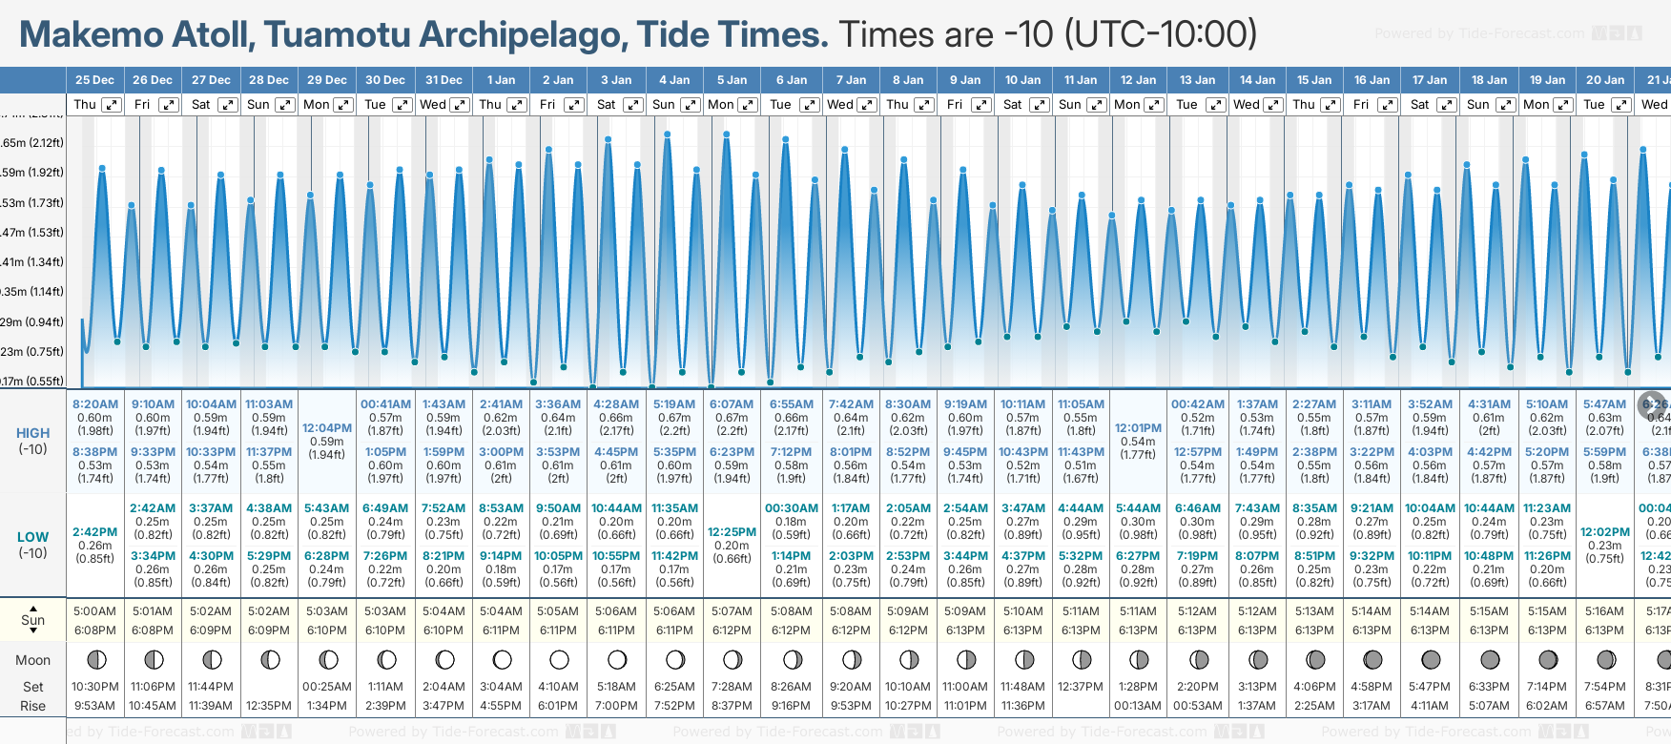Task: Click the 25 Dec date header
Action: tap(94, 80)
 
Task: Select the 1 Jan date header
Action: tap(501, 80)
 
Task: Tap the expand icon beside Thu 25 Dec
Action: tap(112, 105)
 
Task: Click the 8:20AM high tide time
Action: tap(95, 404)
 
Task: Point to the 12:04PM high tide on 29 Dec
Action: tap(327, 428)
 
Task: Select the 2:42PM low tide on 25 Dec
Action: tap(95, 532)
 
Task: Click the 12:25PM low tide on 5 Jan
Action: tap(732, 532)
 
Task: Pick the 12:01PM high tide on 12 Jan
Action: tap(1138, 428)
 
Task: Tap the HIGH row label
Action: tap(32, 433)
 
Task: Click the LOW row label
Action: tap(32, 537)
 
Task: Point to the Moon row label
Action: tap(32, 660)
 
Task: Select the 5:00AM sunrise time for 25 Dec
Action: tap(95, 611)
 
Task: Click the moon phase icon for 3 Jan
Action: tap(617, 659)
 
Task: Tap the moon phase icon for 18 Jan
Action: tap(1489, 659)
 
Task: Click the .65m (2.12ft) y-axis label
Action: tap(32, 143)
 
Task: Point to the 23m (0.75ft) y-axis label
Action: tap(32, 351)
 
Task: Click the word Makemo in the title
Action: tap(93, 34)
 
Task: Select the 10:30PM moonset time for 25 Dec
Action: tap(95, 687)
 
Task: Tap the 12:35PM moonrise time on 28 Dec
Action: tap(269, 706)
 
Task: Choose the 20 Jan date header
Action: tap(1605, 80)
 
